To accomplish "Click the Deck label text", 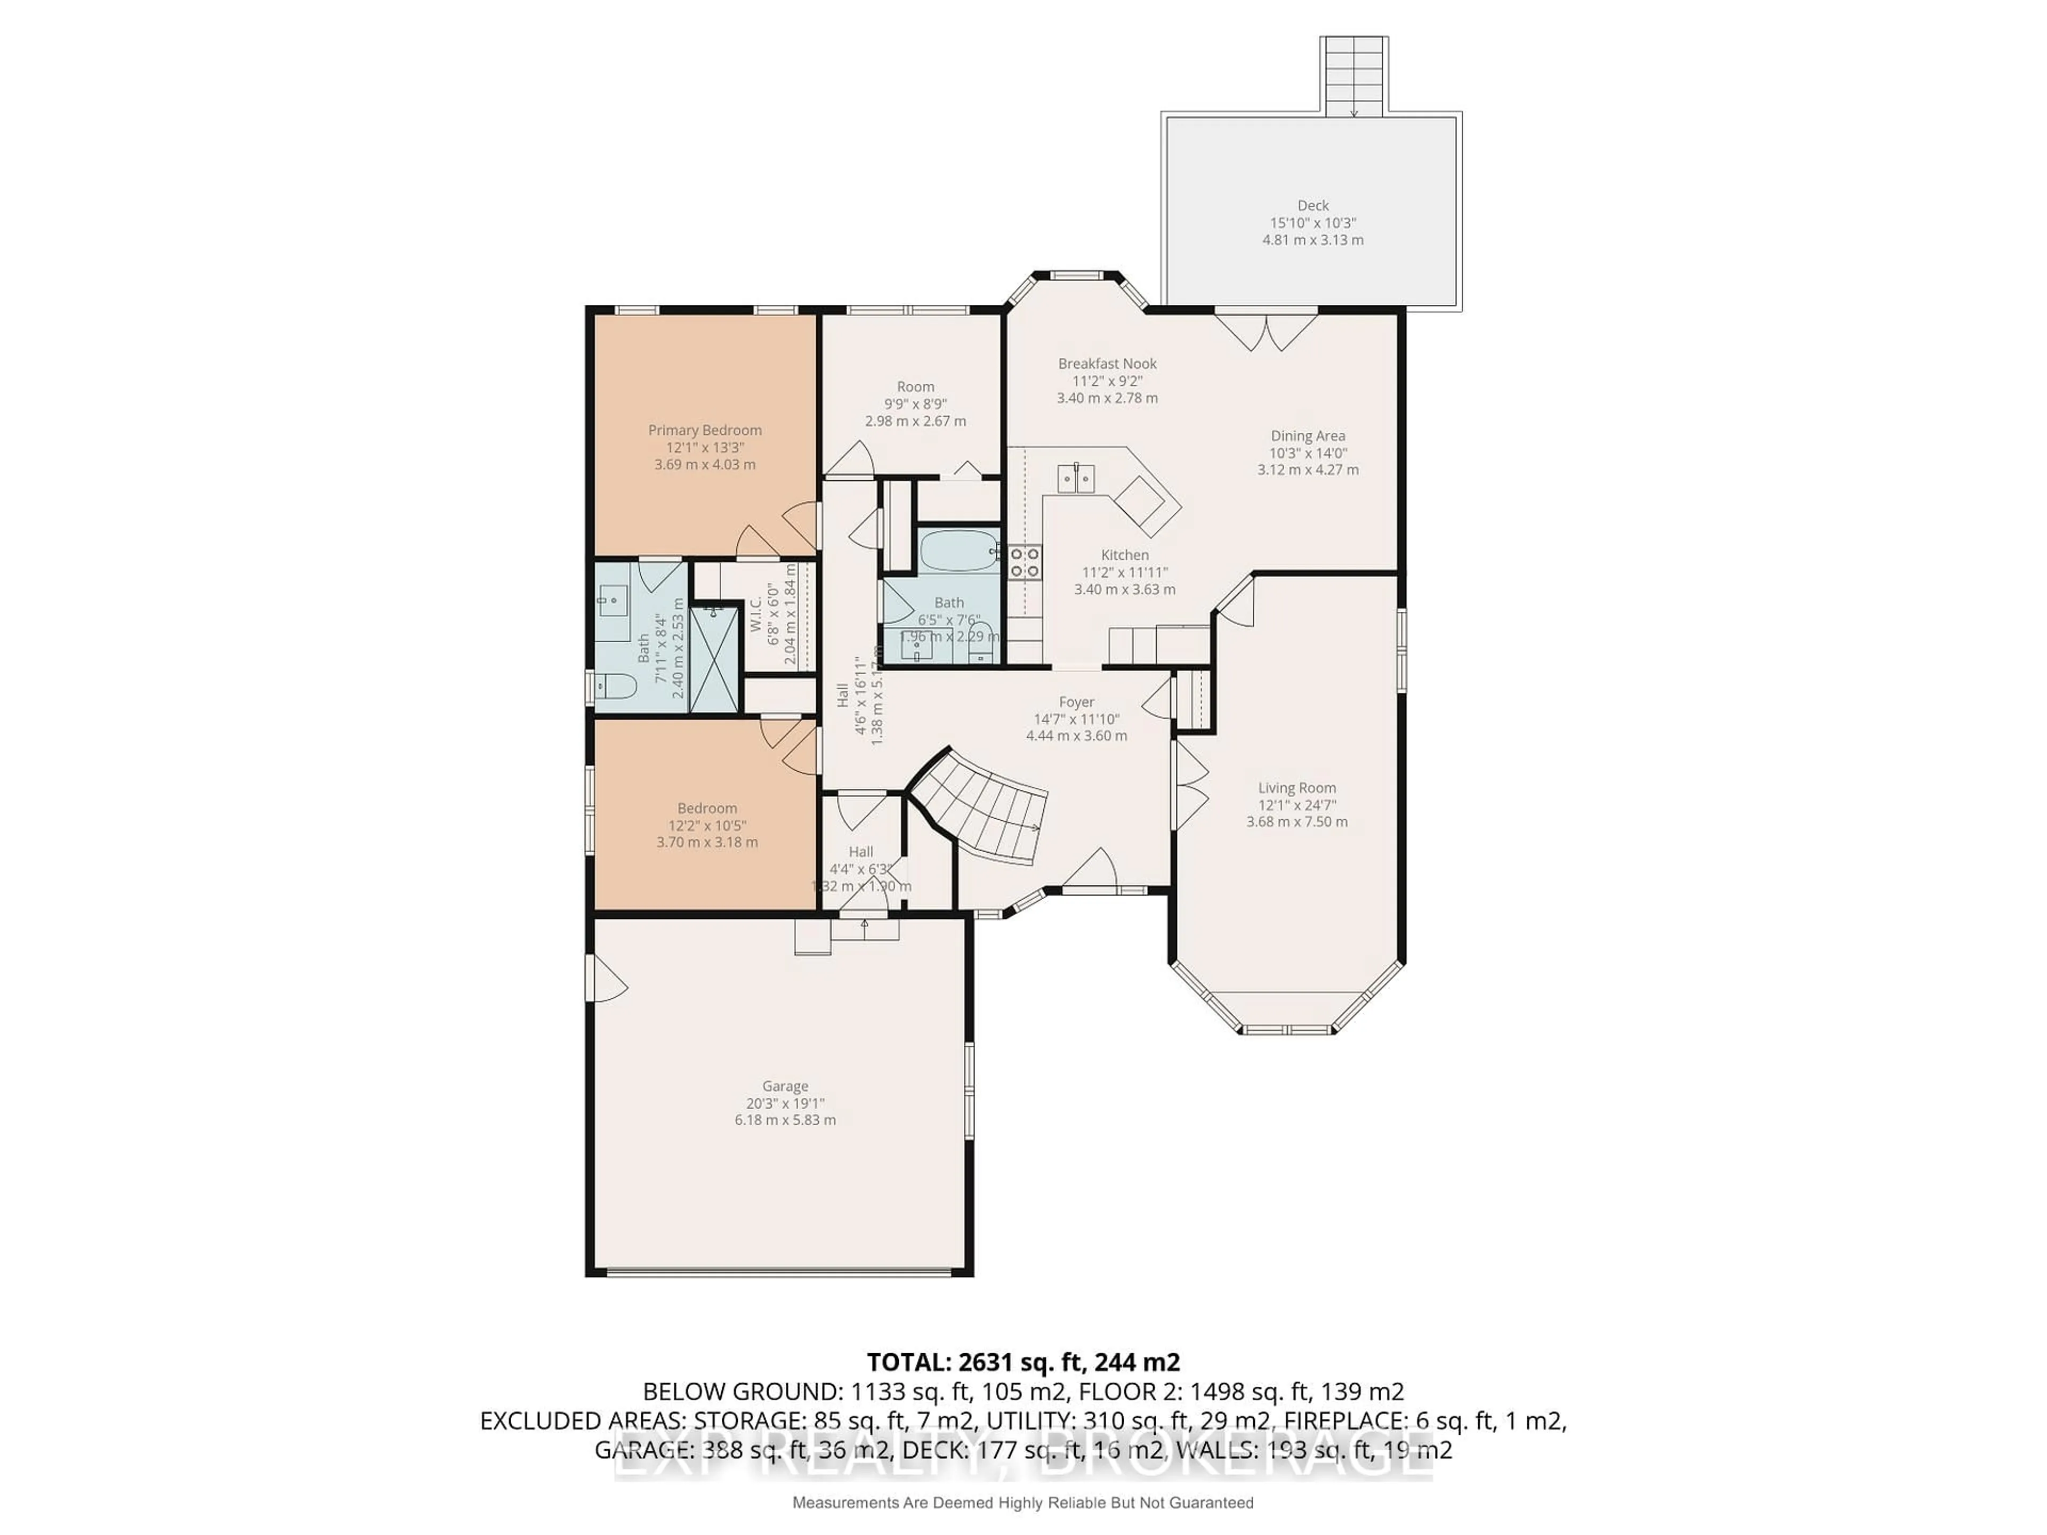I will pos(1312,205).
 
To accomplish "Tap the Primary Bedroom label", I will pos(704,430).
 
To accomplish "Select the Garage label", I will pos(785,1086).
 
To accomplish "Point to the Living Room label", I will pos(1296,788).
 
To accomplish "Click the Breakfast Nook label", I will pos(1107,363).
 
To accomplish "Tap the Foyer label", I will pos(1076,702).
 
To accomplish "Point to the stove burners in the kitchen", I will pos(1025,562).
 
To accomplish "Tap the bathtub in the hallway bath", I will pos(958,552).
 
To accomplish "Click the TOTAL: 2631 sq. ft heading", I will pos(1022,1362).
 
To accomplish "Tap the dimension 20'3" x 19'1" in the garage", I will pos(785,1103).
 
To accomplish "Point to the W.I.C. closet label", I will pos(755,613).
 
